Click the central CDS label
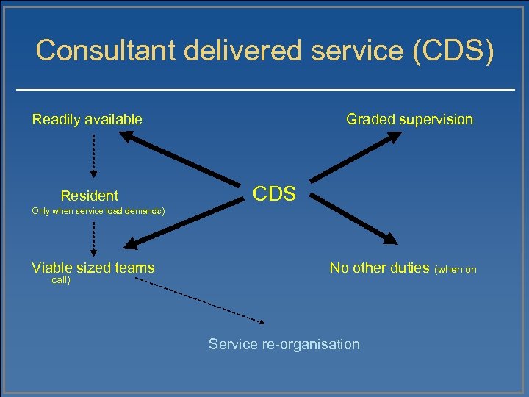coord(274,194)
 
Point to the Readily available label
coord(87,119)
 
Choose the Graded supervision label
coord(409,119)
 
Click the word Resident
coord(89,196)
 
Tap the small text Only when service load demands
coord(98,212)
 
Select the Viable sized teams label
coord(93,268)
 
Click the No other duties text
coord(379,268)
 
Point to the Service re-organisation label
coord(284,344)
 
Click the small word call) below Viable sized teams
coord(61,280)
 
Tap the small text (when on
coord(456,269)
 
